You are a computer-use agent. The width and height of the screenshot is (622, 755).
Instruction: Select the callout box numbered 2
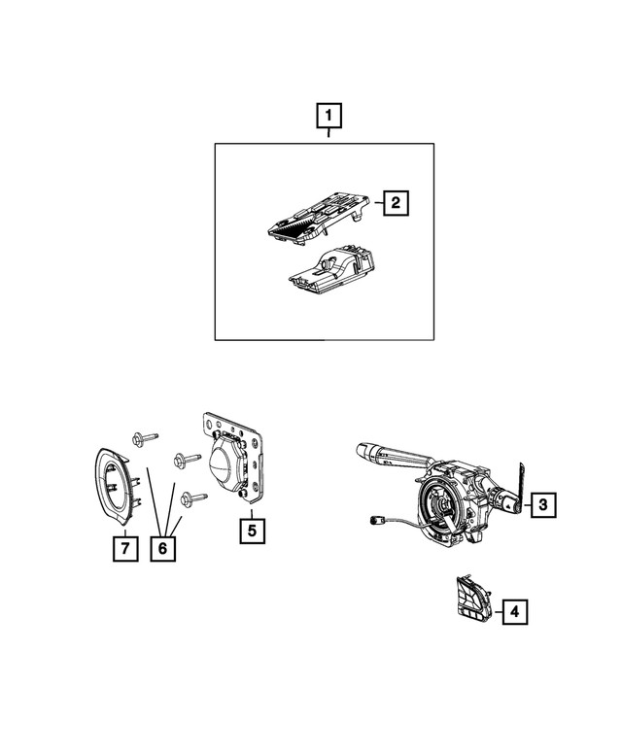pyautogui.click(x=396, y=203)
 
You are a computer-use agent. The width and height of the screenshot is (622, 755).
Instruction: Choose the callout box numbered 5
pyautogui.click(x=252, y=531)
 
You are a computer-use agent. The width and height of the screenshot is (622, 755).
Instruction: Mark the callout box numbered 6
pyautogui.click(x=162, y=549)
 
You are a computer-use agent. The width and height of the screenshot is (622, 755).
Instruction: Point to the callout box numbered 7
pyautogui.click(x=123, y=549)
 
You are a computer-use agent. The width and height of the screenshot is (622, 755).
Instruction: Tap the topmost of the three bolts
pyautogui.click(x=139, y=439)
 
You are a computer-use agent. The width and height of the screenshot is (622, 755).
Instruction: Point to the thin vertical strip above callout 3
pyautogui.click(x=519, y=478)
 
